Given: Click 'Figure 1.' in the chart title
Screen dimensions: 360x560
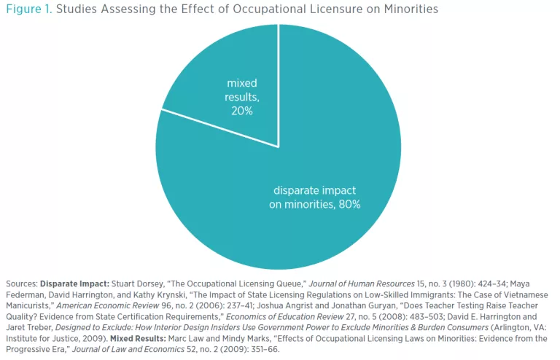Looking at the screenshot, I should [x=27, y=9].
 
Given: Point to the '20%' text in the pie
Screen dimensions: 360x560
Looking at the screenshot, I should [x=242, y=110].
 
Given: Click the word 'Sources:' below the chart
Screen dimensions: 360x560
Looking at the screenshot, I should [x=20, y=283].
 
